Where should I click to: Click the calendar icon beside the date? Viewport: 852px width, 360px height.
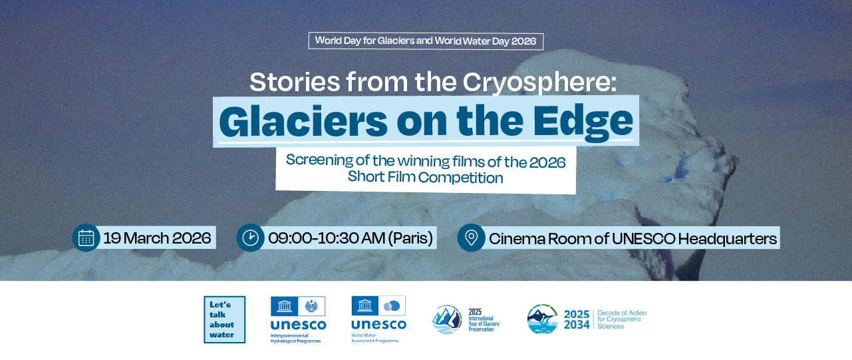tap(86, 238)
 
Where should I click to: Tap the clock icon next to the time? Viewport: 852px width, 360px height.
tap(250, 238)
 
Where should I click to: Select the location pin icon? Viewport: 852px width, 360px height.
tap(472, 238)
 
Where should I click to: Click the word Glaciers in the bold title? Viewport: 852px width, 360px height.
tap(303, 121)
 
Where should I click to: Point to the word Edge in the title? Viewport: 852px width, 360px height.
tap(583, 123)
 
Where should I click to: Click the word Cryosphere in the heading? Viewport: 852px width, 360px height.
tap(539, 83)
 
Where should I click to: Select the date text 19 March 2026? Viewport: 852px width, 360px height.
tap(157, 238)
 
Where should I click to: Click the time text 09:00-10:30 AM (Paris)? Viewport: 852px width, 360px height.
tap(351, 238)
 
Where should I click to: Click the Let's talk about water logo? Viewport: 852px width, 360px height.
tap(224, 319)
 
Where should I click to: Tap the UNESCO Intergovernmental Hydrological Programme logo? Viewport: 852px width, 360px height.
tap(298, 319)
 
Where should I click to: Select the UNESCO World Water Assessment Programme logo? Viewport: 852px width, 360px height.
tap(379, 319)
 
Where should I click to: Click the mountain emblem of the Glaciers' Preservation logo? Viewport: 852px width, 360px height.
tap(448, 319)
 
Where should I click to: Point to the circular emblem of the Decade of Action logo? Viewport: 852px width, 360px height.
tap(542, 319)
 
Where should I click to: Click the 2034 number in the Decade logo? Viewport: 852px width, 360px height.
tap(577, 325)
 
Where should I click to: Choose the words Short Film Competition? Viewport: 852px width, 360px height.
tap(425, 177)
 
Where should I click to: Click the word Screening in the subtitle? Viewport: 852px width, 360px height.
tap(320, 160)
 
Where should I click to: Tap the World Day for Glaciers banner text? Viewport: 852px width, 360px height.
tap(426, 41)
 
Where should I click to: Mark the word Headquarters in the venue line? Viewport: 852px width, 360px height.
tap(727, 239)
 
